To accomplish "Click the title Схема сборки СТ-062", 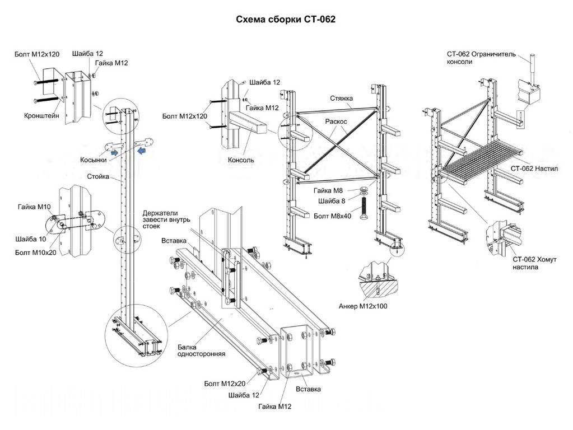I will coord(286,20).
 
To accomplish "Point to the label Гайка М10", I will coord(34,207).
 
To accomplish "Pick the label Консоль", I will coord(241,160).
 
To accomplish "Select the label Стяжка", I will coord(341,99).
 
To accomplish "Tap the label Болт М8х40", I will coord(333,216).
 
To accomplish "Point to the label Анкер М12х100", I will coord(363,306).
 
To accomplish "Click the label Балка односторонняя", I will coord(201,350).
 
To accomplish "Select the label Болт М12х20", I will coord(225,384).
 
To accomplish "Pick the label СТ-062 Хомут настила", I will coord(532,264).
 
